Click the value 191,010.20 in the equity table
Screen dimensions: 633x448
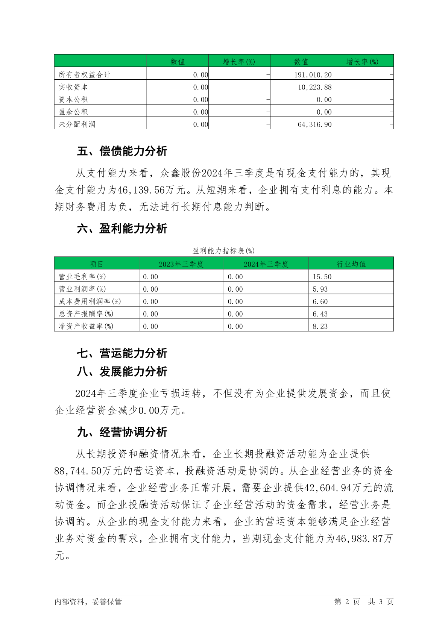(x=313, y=74)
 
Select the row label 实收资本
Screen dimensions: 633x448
(x=73, y=87)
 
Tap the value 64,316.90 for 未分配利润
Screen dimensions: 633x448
(x=314, y=124)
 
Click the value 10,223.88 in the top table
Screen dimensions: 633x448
(x=314, y=87)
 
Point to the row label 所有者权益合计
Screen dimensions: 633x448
(x=84, y=74)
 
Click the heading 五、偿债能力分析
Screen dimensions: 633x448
(x=122, y=151)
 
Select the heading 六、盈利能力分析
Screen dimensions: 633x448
(x=122, y=228)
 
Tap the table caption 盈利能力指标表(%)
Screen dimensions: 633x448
(x=223, y=251)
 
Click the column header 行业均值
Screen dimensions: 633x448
(x=351, y=264)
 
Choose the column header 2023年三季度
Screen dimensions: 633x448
(x=181, y=264)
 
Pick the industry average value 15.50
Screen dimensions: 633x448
(x=322, y=277)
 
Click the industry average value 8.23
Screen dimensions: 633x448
(x=320, y=326)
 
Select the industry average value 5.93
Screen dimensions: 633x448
(x=320, y=289)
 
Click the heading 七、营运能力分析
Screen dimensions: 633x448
(x=122, y=353)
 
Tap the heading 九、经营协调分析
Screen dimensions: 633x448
(x=122, y=432)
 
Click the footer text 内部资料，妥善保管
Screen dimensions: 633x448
(x=88, y=601)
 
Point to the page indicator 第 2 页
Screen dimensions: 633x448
(x=347, y=601)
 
